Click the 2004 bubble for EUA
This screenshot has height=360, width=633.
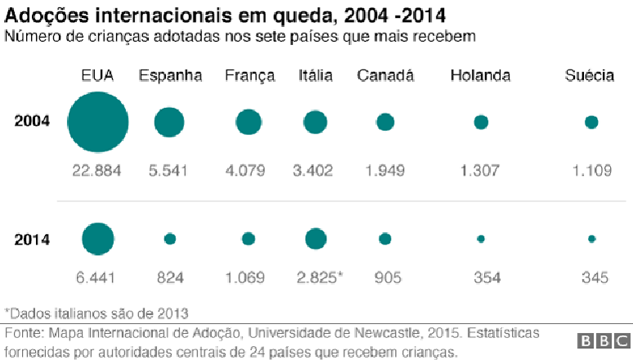click(x=98, y=123)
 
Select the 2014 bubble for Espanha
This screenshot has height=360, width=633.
click(x=169, y=239)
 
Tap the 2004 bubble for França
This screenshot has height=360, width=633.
click(x=249, y=123)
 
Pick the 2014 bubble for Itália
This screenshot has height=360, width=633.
click(x=316, y=239)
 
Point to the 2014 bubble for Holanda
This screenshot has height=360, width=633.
click(x=481, y=239)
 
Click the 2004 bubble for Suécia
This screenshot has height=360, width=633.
click(x=591, y=123)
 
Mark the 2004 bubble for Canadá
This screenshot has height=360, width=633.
click(x=385, y=123)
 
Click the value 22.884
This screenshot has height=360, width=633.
click(x=97, y=170)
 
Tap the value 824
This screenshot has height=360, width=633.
click(x=169, y=277)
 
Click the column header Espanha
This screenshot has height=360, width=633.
click(x=170, y=76)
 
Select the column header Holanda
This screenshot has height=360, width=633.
click(x=480, y=76)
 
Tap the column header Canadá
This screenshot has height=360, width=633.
click(x=386, y=76)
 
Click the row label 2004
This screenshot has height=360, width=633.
click(x=33, y=122)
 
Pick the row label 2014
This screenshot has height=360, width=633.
click(x=33, y=240)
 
